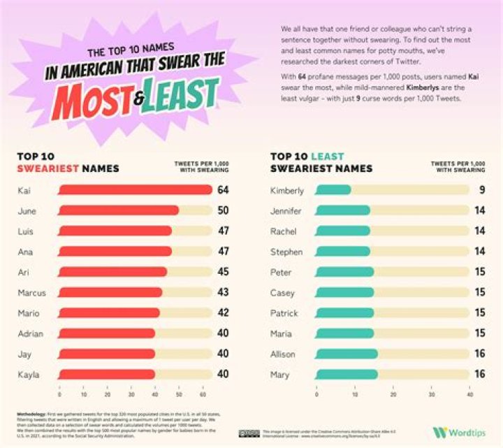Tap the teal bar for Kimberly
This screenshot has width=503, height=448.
pyautogui.click(x=333, y=190)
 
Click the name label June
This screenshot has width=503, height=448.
pyautogui.click(x=26, y=210)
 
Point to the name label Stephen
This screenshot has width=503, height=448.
pyautogui.click(x=286, y=252)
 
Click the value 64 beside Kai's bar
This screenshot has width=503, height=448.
pyautogui.click(x=223, y=190)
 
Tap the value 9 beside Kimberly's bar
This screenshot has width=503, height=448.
pyautogui.click(x=481, y=190)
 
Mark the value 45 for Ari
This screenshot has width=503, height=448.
pyautogui.click(x=223, y=272)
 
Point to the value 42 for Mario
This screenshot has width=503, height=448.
pyautogui.click(x=223, y=313)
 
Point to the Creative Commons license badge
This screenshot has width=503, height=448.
pyautogui.click(x=249, y=433)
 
